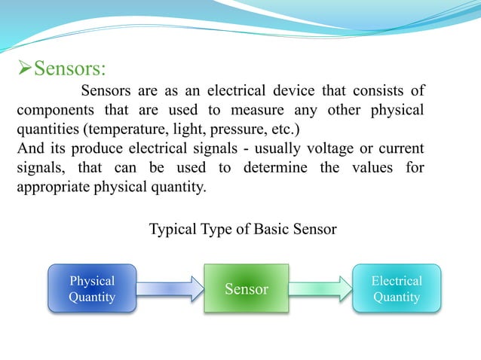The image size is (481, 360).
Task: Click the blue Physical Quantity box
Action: click(92, 288)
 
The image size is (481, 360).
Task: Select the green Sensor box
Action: click(247, 288)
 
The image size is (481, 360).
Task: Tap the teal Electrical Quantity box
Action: click(397, 288)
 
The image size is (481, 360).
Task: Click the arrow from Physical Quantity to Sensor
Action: click(170, 288)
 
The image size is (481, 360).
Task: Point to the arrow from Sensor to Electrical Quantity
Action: click(320, 288)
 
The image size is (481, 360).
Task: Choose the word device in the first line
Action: click(295, 91)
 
